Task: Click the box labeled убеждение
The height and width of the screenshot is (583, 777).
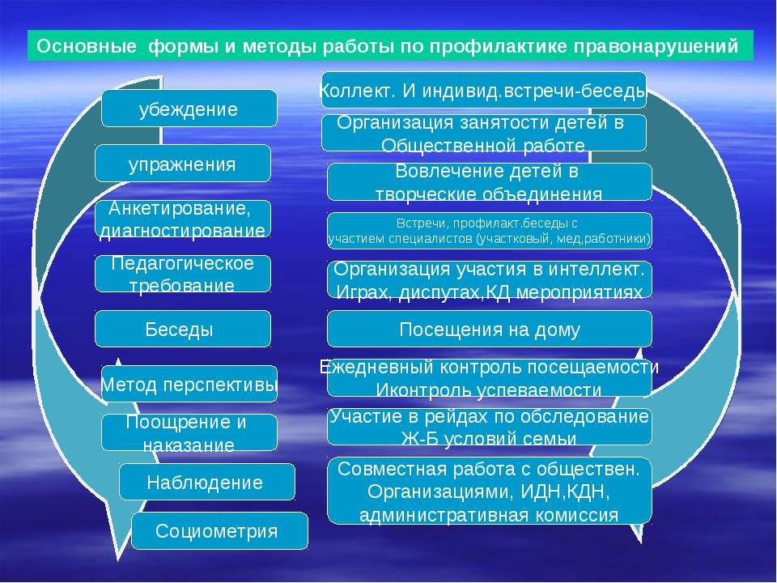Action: point(189,108)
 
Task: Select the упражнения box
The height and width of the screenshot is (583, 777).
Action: point(183,163)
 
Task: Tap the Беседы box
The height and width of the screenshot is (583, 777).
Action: point(183,329)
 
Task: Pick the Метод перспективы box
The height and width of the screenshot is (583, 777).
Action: point(189,384)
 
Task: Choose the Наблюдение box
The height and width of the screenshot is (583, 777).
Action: point(207,481)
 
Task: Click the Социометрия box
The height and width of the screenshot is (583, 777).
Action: point(220,530)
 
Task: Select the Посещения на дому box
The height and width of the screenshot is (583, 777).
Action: point(490,329)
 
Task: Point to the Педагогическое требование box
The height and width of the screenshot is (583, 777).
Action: point(183,274)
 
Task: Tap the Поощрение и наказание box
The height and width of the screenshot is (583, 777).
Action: point(189,432)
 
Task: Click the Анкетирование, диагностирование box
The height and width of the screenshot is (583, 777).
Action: point(183,219)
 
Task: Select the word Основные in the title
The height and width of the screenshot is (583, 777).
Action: point(87,46)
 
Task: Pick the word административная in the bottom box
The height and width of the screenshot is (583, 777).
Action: point(439,515)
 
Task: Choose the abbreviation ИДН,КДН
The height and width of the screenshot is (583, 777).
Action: point(565,492)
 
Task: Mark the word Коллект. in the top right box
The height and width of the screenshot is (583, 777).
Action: point(357,91)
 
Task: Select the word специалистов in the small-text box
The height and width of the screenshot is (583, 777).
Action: point(431,239)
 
